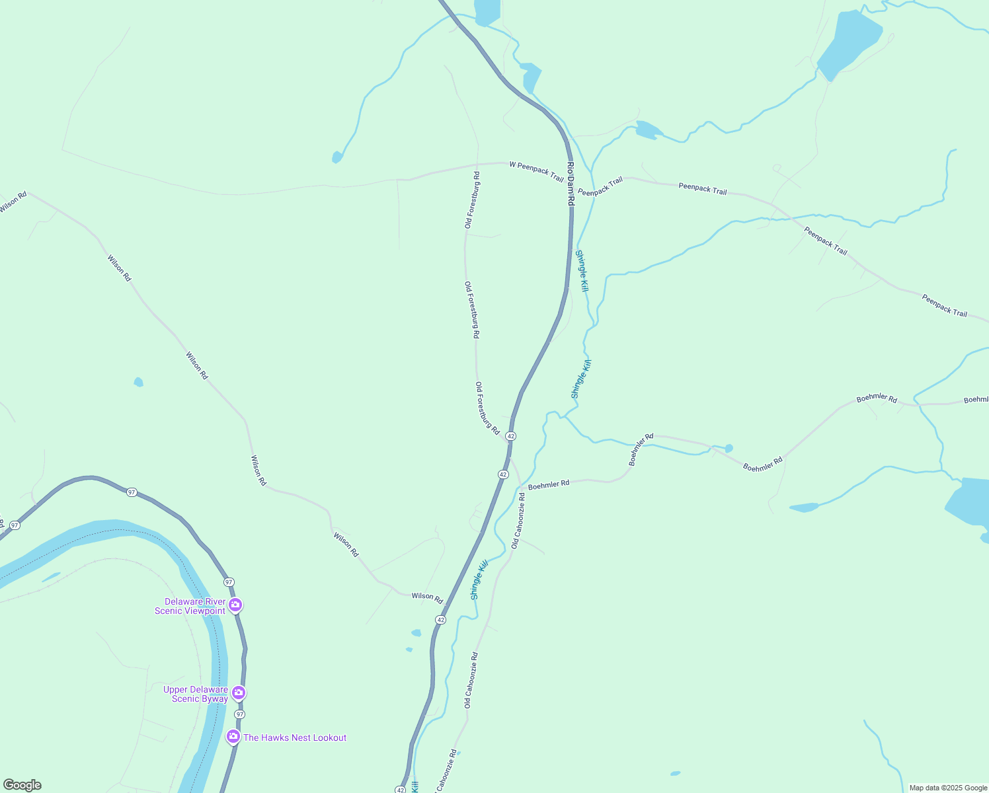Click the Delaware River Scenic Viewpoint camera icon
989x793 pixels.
pyautogui.click(x=235, y=605)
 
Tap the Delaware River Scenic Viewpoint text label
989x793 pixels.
pyautogui.click(x=190, y=606)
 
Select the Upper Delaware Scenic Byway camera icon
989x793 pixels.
pyautogui.click(x=239, y=693)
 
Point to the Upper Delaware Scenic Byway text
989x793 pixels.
pyautogui.click(x=196, y=694)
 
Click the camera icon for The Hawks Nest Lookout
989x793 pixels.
pyautogui.click(x=233, y=736)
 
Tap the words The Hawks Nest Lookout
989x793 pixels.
pyautogui.click(x=295, y=737)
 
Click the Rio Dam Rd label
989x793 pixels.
pyautogui.click(x=571, y=184)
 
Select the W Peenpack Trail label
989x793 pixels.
pyautogui.click(x=536, y=171)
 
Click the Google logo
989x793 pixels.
pyautogui.click(x=22, y=785)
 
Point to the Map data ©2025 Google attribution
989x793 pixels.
pyautogui.click(x=948, y=788)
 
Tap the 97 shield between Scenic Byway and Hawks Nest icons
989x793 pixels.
pyautogui.click(x=239, y=714)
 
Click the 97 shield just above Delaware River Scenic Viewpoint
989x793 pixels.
pyautogui.click(x=228, y=582)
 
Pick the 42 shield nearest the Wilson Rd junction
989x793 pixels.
pyautogui.click(x=440, y=620)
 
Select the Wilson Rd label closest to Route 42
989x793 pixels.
pyautogui.click(x=427, y=597)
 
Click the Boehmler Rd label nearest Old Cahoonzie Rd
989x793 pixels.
pyautogui.click(x=549, y=484)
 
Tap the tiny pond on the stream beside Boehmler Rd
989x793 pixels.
pyautogui.click(x=729, y=448)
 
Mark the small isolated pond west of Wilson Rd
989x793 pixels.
pyautogui.click(x=138, y=382)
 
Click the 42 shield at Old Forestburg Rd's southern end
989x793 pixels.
pyautogui.click(x=510, y=436)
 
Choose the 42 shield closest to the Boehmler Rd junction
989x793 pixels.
pyautogui.click(x=503, y=474)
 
